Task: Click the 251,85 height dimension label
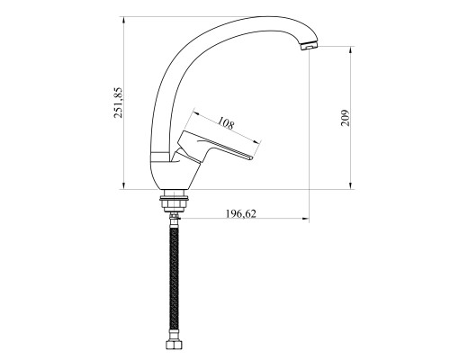(118, 103)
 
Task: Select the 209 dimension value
(346, 118)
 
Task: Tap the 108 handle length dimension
(226, 123)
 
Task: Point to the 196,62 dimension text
(241, 213)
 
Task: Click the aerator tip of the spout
(309, 46)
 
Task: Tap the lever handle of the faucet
(214, 146)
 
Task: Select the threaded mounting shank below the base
(175, 201)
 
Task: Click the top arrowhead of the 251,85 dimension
(123, 20)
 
